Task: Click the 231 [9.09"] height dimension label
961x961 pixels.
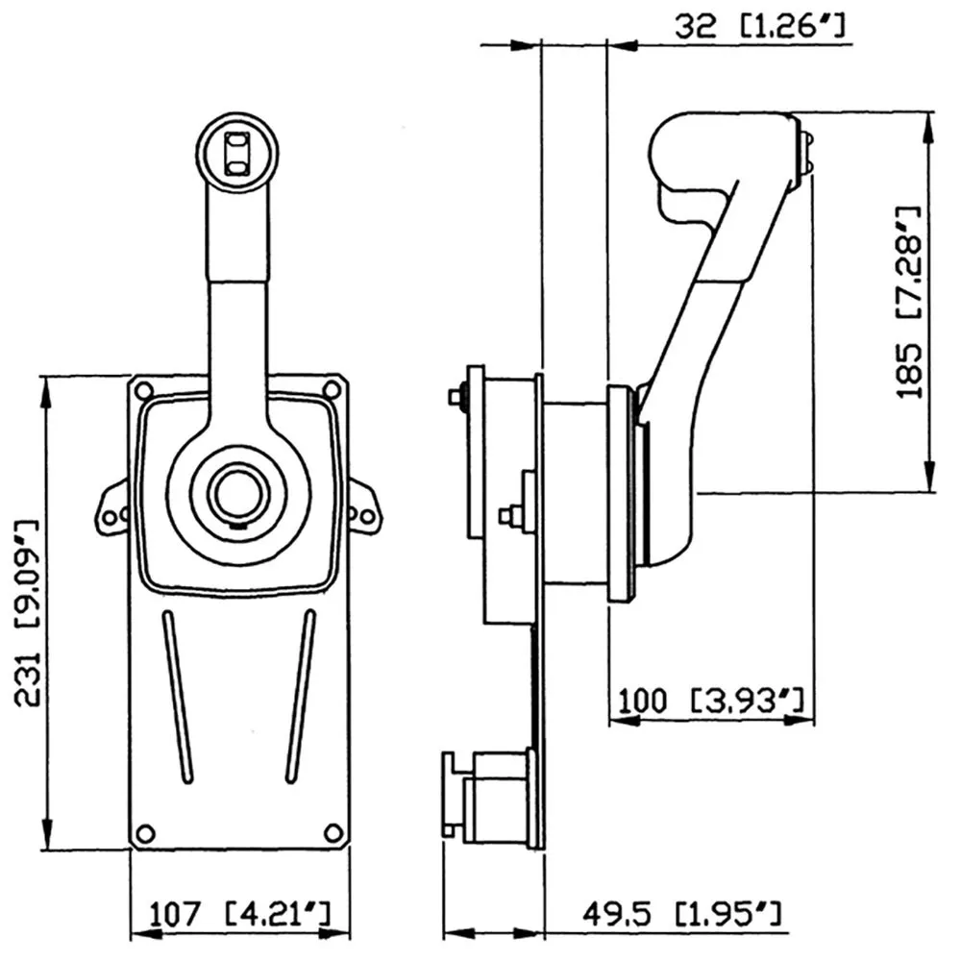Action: (30, 613)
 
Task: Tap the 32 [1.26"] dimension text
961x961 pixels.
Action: (759, 26)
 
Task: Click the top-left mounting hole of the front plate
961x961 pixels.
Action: (144, 391)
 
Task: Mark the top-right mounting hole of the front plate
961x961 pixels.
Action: (332, 389)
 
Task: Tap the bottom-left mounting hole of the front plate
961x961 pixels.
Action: (144, 832)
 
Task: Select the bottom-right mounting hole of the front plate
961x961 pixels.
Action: (333, 832)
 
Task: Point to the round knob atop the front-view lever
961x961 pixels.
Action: (237, 151)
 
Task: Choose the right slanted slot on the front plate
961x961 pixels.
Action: (300, 696)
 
